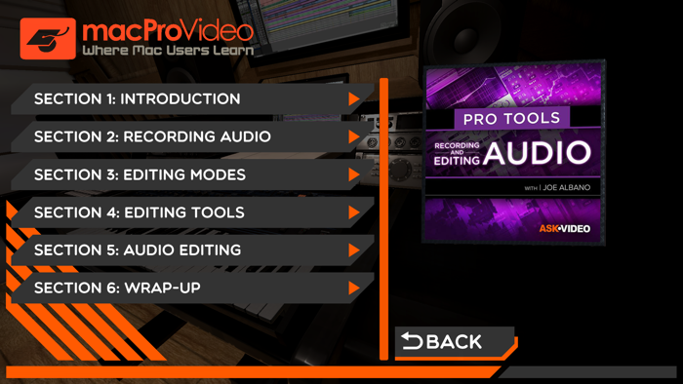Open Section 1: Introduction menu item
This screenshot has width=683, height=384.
tap(137, 99)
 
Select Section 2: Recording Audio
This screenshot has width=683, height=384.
tap(152, 137)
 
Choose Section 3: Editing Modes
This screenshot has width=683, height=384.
tap(140, 175)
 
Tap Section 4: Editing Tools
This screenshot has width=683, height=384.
tap(139, 212)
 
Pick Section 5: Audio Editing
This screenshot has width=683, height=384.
tap(138, 250)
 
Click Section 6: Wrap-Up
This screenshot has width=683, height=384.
tap(117, 288)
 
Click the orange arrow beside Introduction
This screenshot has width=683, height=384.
tap(354, 99)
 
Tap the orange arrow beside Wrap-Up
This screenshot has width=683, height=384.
tap(354, 288)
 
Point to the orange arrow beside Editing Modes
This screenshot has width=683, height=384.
tap(354, 175)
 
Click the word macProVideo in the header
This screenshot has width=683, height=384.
tap(168, 30)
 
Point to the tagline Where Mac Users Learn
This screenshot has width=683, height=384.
tap(168, 51)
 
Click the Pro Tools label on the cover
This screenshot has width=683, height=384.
tap(512, 118)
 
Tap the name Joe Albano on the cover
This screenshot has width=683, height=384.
tap(567, 187)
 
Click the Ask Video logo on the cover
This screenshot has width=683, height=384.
tap(565, 229)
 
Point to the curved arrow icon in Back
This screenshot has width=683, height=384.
tap(412, 341)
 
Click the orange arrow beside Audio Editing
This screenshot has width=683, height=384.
tap(354, 250)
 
